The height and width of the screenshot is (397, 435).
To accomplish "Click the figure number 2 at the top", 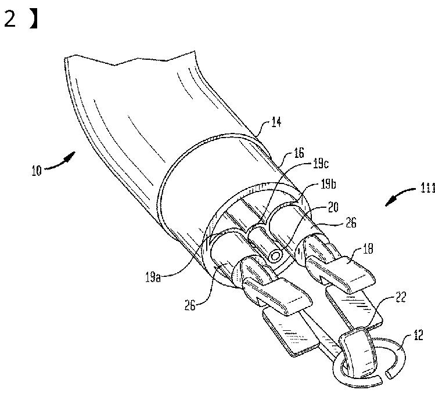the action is coord(10,19).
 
